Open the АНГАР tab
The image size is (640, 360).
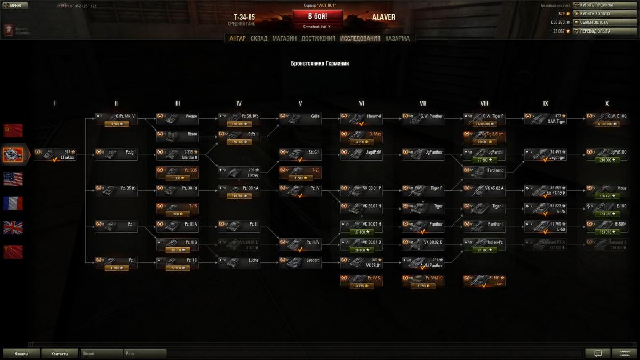(x=237, y=38)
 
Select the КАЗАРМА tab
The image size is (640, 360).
(x=397, y=38)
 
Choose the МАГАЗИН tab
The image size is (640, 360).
(x=284, y=38)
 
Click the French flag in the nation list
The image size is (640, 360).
(x=13, y=203)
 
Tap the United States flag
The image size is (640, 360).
(x=13, y=179)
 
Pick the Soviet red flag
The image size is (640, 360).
(x=13, y=130)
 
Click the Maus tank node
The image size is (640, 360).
(x=606, y=190)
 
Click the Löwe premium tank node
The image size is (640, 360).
(x=484, y=281)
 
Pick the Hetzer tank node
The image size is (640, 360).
(x=238, y=172)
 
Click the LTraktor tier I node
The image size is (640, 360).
(x=55, y=155)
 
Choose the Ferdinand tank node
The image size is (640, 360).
(x=484, y=172)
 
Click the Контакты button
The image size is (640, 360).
(x=60, y=354)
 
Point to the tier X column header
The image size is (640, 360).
(x=606, y=103)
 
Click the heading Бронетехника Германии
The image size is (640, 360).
(x=320, y=63)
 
